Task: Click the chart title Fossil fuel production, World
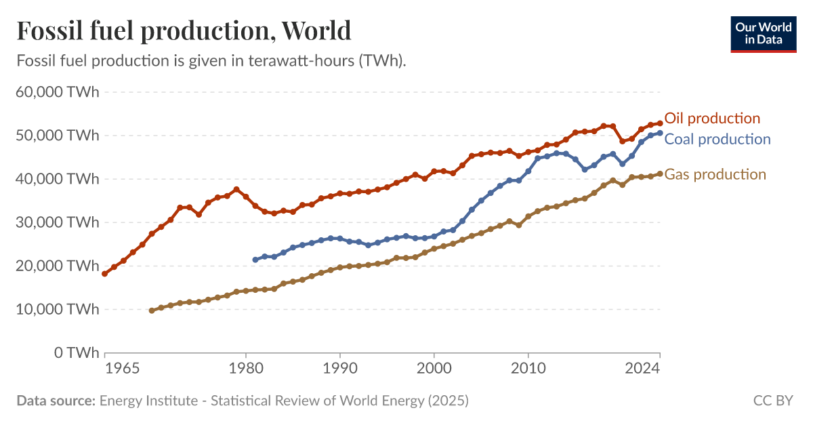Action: [184, 31]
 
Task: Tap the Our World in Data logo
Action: [763, 34]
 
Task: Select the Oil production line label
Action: [712, 118]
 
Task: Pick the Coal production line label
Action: [717, 139]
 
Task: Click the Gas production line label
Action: [715, 174]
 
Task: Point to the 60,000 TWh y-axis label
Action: [57, 92]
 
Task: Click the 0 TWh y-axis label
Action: [77, 352]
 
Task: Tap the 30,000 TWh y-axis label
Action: [57, 222]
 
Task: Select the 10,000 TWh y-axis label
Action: [57, 309]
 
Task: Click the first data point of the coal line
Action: [255, 260]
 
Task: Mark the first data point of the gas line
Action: [152, 310]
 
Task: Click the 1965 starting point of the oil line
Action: [105, 274]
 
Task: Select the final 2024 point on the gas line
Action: [660, 174]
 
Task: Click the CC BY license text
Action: [773, 401]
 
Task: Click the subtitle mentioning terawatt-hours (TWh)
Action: [211, 60]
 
